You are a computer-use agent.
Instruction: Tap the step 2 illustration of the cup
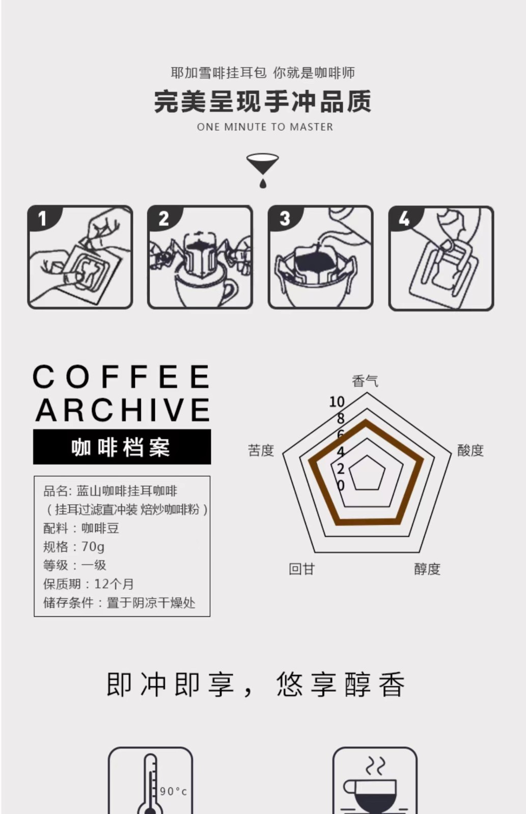[200, 257]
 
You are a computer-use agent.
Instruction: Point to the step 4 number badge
[404, 218]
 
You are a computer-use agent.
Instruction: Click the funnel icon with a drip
[263, 170]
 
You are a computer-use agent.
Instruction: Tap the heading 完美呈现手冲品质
[263, 101]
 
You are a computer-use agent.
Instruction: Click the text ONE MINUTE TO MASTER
[265, 127]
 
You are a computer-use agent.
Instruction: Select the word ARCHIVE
[123, 410]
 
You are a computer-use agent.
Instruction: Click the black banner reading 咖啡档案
[122, 447]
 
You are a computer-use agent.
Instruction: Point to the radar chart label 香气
[365, 381]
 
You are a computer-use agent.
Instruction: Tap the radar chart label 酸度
[470, 450]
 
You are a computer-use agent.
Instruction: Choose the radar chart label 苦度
[261, 450]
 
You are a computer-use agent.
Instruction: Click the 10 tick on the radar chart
[337, 401]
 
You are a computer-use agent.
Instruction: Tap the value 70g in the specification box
[93, 546]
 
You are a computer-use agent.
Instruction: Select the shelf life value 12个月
[114, 584]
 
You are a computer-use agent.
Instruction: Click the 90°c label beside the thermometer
[174, 792]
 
